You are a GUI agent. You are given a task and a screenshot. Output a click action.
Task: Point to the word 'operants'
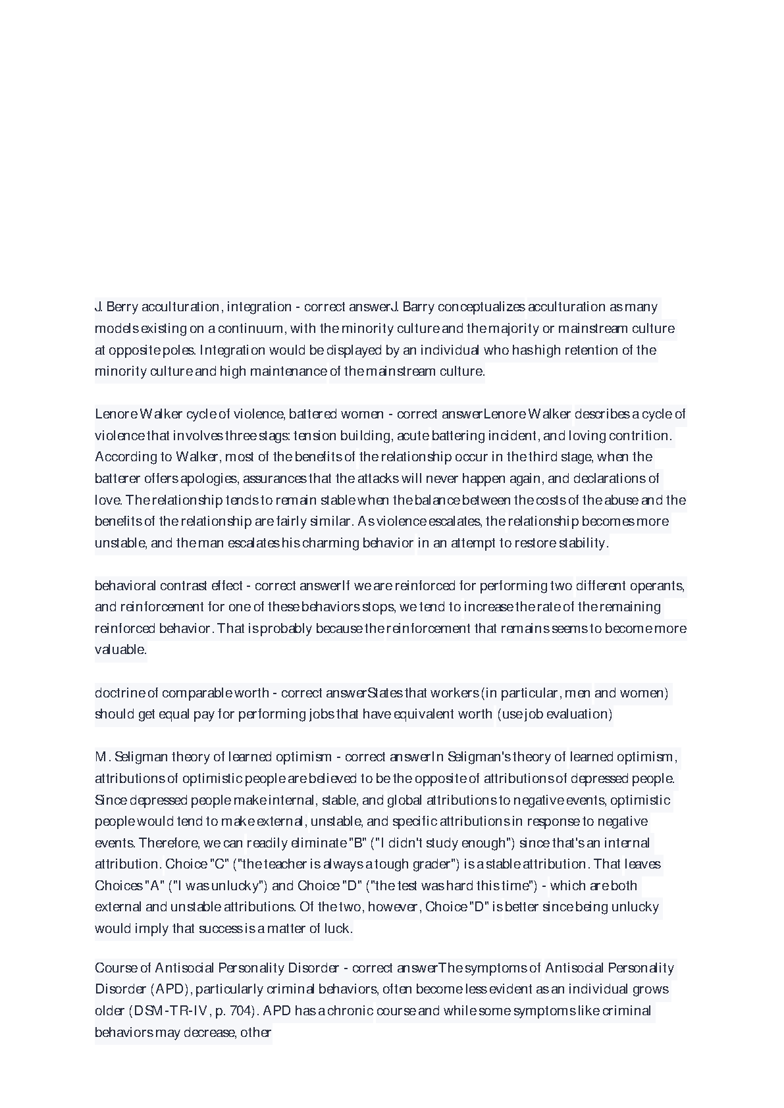click(657, 586)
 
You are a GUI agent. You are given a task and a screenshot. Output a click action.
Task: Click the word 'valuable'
click(120, 649)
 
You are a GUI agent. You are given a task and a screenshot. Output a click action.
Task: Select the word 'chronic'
click(350, 1011)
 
